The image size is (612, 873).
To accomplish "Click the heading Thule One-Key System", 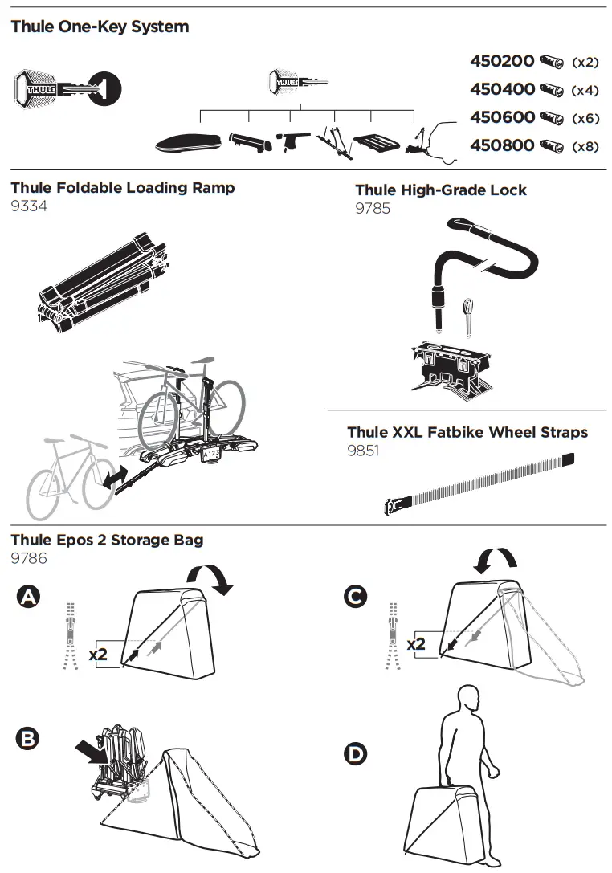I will tap(100, 27).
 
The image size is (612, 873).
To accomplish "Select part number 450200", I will tap(502, 62).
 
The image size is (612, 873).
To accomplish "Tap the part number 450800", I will tap(502, 145).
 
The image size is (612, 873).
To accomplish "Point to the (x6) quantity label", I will tap(585, 118).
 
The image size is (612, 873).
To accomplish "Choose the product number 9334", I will tap(29, 206).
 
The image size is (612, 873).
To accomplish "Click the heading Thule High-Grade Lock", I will tap(441, 190).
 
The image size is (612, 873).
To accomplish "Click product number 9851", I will tap(363, 451).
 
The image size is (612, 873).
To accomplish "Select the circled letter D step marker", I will tap(353, 753).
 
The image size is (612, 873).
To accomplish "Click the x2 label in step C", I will tap(416, 644).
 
